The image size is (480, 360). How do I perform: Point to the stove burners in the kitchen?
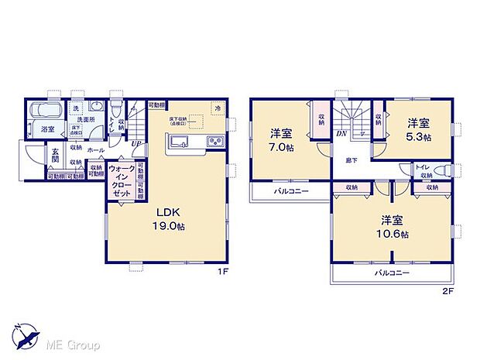pyautogui.click(x=214, y=142)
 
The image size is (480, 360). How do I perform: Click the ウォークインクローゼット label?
pyautogui.click(x=121, y=183)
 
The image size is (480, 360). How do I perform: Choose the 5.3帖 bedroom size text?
pyautogui.click(x=418, y=136)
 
